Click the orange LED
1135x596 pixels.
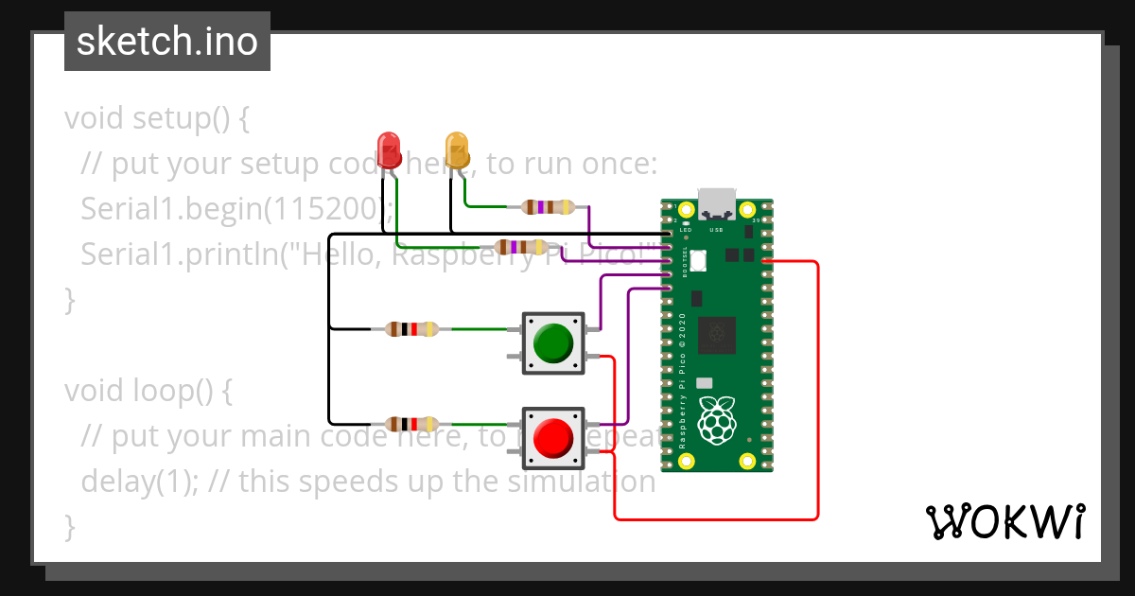[x=457, y=149]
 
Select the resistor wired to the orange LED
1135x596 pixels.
[x=548, y=206]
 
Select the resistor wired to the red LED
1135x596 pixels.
[x=520, y=247]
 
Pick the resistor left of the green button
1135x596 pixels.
[x=411, y=329]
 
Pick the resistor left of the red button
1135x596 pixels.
[x=411, y=424]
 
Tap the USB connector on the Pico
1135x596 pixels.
[x=716, y=202]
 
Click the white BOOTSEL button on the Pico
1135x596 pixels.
[x=699, y=259]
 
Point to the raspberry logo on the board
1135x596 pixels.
[x=716, y=420]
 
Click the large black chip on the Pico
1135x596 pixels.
[x=716, y=334]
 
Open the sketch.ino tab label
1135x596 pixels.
[x=167, y=42]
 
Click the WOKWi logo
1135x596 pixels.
[x=1004, y=521]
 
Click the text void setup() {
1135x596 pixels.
[x=157, y=119]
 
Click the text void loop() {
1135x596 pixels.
[x=148, y=391]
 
